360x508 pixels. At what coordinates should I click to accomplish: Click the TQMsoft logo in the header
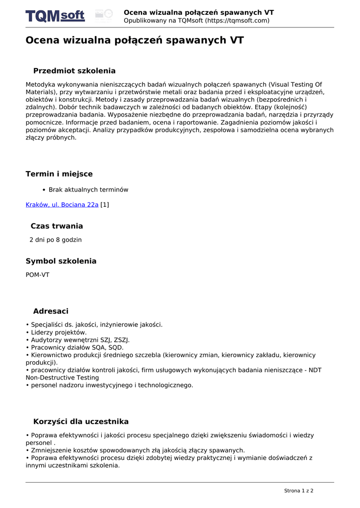[55, 16]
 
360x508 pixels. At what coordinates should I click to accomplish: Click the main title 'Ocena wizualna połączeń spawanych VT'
[135, 41]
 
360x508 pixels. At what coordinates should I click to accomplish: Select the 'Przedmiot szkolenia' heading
[74, 71]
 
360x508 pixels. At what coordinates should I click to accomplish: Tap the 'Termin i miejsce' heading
[59, 174]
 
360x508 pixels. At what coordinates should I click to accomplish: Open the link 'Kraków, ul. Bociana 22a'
[62, 204]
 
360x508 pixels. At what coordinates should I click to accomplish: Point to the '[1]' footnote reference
[105, 204]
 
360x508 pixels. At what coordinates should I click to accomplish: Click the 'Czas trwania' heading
[57, 226]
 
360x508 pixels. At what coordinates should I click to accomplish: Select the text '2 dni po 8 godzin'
[56, 240]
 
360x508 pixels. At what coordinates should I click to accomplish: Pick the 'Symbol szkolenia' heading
[61, 261]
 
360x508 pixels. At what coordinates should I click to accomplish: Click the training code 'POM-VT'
[38, 275]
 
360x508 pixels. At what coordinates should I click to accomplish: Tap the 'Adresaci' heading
[51, 312]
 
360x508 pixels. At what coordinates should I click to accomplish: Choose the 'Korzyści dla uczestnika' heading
[81, 422]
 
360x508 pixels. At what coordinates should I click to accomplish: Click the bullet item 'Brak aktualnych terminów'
[88, 190]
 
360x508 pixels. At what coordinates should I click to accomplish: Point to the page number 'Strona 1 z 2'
[298, 491]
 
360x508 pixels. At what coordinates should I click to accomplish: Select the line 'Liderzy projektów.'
[59, 332]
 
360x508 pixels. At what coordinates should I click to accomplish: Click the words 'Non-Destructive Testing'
[62, 378]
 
